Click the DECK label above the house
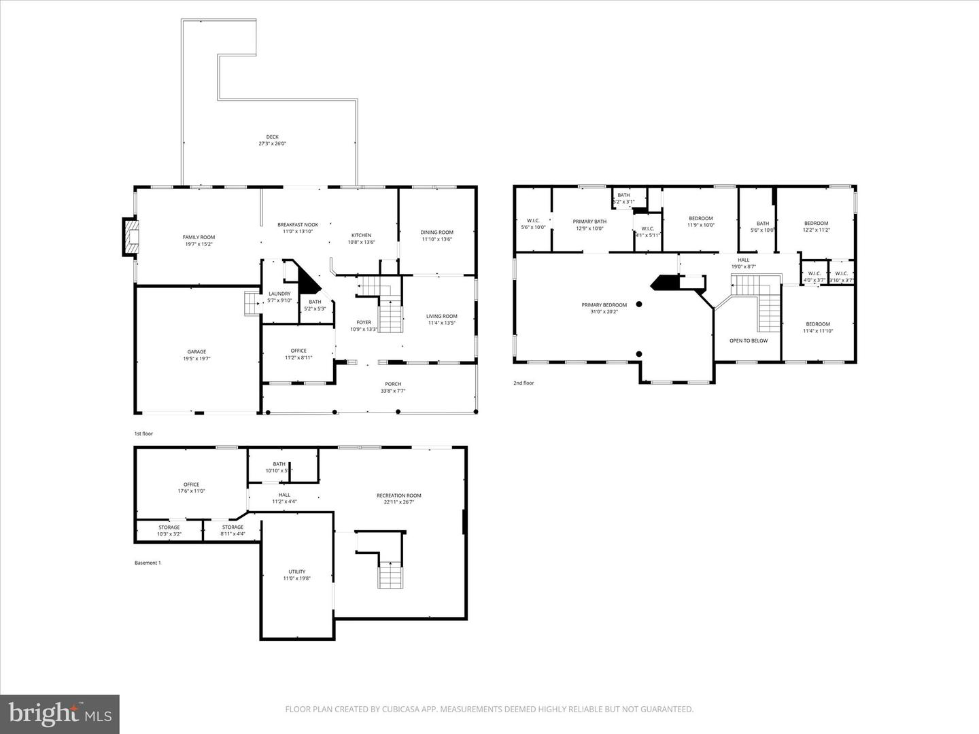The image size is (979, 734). pos(272,137)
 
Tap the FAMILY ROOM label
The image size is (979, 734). pos(199,237)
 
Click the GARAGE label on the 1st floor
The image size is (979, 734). pos(196,352)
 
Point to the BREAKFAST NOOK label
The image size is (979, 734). pos(297,225)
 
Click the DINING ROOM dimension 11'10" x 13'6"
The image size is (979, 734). pos(436,239)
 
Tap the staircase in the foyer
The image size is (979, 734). pos(390,316)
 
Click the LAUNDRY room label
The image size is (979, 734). pos(279,294)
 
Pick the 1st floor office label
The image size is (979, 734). pos(298,351)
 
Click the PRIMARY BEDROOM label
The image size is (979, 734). pos(604,305)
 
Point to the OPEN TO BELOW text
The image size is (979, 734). pos(749,340)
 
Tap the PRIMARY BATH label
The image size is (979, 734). pos(589,222)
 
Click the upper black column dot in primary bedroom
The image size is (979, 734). pos(639,304)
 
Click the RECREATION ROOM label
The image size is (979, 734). pos(399,495)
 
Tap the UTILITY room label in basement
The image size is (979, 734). pos(296,572)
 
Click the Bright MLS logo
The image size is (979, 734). pos(60,714)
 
